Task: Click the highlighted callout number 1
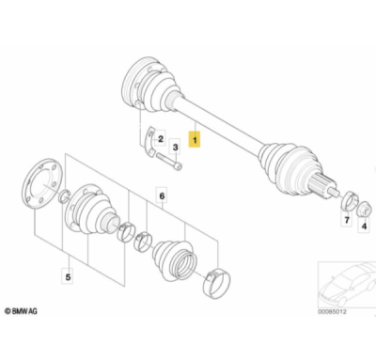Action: [195, 140]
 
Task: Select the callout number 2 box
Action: [160, 138]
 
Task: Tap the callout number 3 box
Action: [175, 147]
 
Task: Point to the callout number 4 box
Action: [364, 226]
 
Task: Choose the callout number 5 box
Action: [68, 276]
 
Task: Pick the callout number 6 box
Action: [162, 196]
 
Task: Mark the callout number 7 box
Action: [347, 220]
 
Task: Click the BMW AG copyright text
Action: [21, 311]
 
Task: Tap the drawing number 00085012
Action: [332, 312]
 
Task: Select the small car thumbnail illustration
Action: [347, 285]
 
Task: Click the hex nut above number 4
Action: [365, 209]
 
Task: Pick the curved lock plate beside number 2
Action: [150, 142]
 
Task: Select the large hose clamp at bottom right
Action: [216, 283]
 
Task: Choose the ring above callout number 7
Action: [349, 202]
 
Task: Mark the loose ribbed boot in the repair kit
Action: [175, 259]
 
